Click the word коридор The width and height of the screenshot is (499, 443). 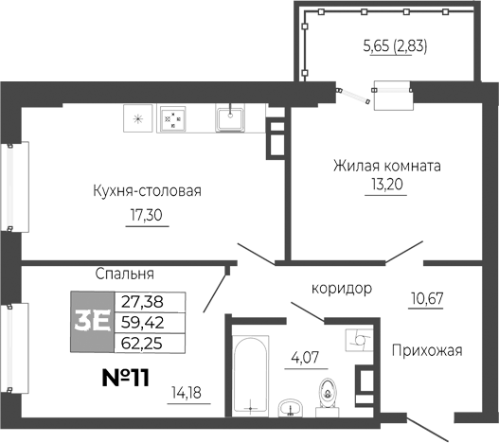click(x=340, y=287)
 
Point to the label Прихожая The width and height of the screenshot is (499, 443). click(x=426, y=351)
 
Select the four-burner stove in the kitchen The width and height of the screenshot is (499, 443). click(x=172, y=118)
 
